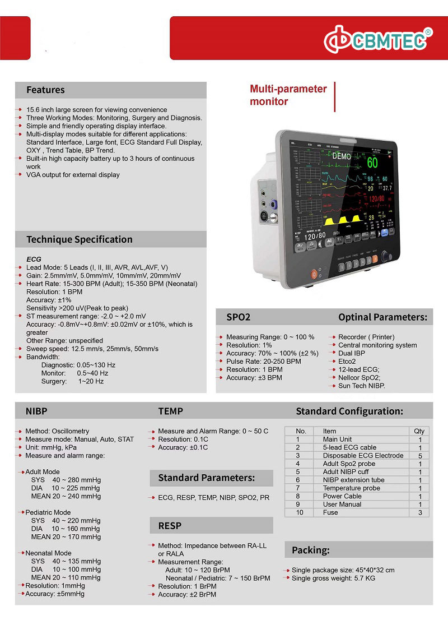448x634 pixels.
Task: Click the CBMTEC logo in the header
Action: pyautogui.click(x=379, y=40)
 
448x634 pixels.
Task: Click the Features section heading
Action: pyautogui.click(x=45, y=90)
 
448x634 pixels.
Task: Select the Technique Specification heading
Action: pyautogui.click(x=80, y=239)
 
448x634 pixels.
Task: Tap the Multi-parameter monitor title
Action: pyautogui.click(x=288, y=95)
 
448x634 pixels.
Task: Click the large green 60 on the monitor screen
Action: pyautogui.click(x=372, y=163)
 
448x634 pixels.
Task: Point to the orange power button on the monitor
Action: pyautogui.click(x=314, y=275)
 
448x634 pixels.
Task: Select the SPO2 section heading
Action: pyautogui.click(x=238, y=317)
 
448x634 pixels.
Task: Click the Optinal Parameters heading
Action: pyautogui.click(x=382, y=317)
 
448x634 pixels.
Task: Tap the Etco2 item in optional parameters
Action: pyautogui.click(x=347, y=362)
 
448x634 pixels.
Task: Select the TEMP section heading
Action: pyautogui.click(x=170, y=411)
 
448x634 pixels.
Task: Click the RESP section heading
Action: pyautogui.click(x=170, y=526)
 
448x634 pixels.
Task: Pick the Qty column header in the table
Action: pyautogui.click(x=419, y=431)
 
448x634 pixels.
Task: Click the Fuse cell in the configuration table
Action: pyautogui.click(x=330, y=512)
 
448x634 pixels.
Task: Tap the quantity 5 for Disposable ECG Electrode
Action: pyautogui.click(x=419, y=456)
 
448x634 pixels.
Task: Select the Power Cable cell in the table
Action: pyautogui.click(x=342, y=496)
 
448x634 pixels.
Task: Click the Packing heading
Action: pyautogui.click(x=310, y=550)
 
